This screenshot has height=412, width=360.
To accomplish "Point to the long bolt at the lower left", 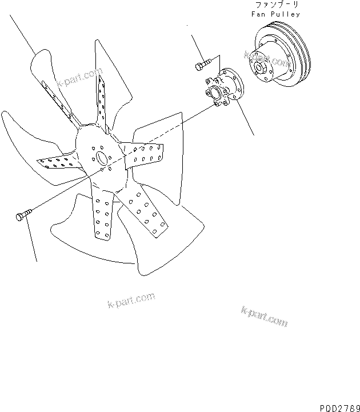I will pyautogui.click(x=22, y=215).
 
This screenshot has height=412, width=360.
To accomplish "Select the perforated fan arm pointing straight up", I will pyautogui.click(x=102, y=100).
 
